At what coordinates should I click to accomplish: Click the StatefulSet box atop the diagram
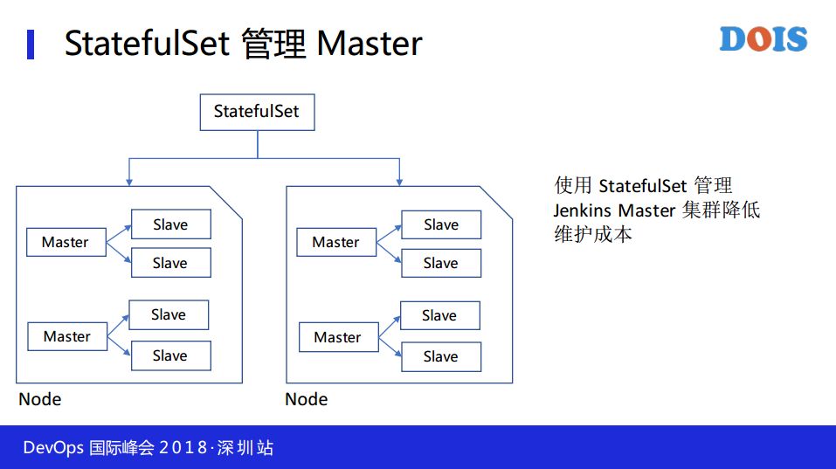[x=257, y=112]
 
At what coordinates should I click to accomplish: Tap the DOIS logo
[x=763, y=39]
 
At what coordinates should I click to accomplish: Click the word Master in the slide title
[x=369, y=43]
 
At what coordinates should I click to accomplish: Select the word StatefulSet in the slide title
[x=147, y=43]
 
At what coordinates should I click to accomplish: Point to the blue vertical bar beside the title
[x=31, y=45]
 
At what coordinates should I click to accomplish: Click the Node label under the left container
[x=40, y=399]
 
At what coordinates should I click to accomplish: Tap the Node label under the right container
[x=307, y=399]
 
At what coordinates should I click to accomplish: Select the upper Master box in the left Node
[x=66, y=242]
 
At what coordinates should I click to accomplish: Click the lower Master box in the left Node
[x=67, y=336]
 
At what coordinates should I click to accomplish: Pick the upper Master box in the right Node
[x=336, y=242]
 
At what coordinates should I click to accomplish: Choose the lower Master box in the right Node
[x=339, y=337]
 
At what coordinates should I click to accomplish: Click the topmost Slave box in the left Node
[x=171, y=224]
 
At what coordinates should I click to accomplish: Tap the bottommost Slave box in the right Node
[x=441, y=356]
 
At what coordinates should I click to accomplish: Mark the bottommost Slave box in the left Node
[x=171, y=355]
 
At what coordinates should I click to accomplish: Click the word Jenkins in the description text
[x=582, y=210]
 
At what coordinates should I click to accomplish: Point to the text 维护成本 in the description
[x=593, y=234]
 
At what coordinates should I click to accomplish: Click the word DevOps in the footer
[x=53, y=448]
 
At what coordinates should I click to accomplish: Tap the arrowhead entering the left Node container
[x=129, y=183]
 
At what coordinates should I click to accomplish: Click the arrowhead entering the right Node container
[x=399, y=183]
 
